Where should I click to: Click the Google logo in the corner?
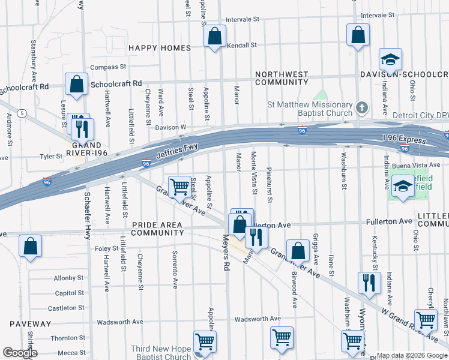click(x=20, y=352)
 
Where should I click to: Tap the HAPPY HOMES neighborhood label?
click(x=160, y=48)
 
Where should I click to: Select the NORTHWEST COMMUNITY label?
click(x=282, y=78)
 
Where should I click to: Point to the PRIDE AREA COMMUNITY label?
click(x=157, y=229)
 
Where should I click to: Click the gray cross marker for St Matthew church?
click(x=361, y=108)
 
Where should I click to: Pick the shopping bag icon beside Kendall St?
click(x=214, y=37)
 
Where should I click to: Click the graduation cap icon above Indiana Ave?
click(x=390, y=60)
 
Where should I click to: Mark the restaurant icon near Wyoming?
click(x=369, y=283)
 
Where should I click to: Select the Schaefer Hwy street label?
click(x=88, y=205)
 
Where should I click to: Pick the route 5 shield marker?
click(x=22, y=113)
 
